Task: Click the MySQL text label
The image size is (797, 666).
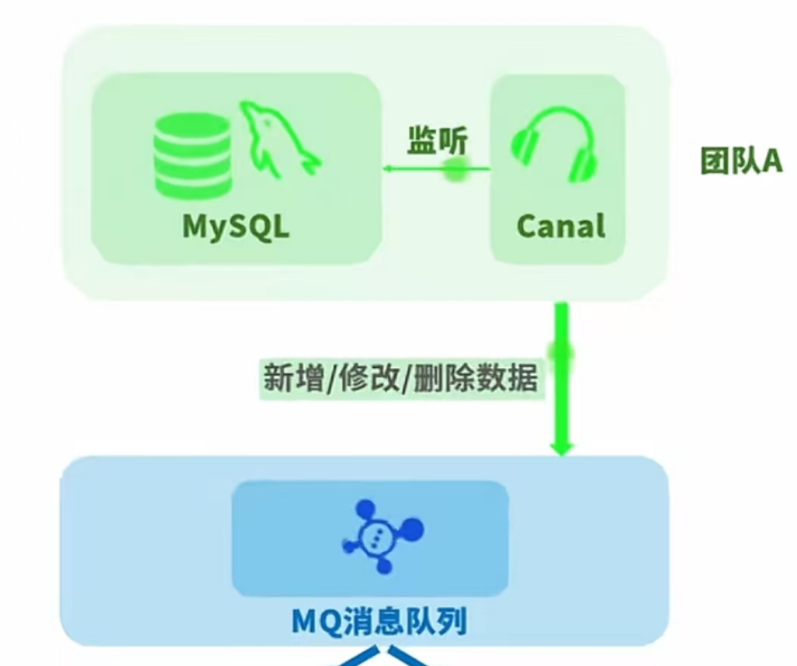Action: pos(236,226)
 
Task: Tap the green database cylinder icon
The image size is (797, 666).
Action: pos(193,154)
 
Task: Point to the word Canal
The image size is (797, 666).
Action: pos(560,226)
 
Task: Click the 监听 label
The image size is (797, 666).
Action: pos(436,140)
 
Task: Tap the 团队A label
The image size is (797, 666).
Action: pos(740,161)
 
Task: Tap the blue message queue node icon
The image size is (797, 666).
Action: pos(381,534)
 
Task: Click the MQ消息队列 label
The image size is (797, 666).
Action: pos(379,622)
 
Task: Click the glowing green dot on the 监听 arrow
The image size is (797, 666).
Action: pos(455,169)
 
